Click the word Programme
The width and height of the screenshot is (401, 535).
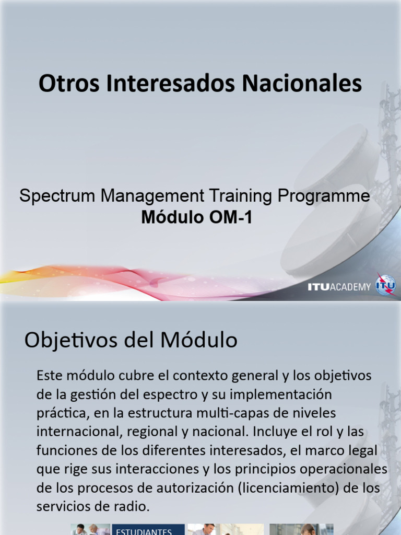coord(324,196)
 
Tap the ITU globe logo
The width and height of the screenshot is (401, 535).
coord(386,285)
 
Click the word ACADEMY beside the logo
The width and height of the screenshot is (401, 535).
coord(350,286)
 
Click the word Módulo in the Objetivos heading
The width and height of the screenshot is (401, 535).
coord(201,341)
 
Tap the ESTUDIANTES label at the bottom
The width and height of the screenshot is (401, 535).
coord(143,531)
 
